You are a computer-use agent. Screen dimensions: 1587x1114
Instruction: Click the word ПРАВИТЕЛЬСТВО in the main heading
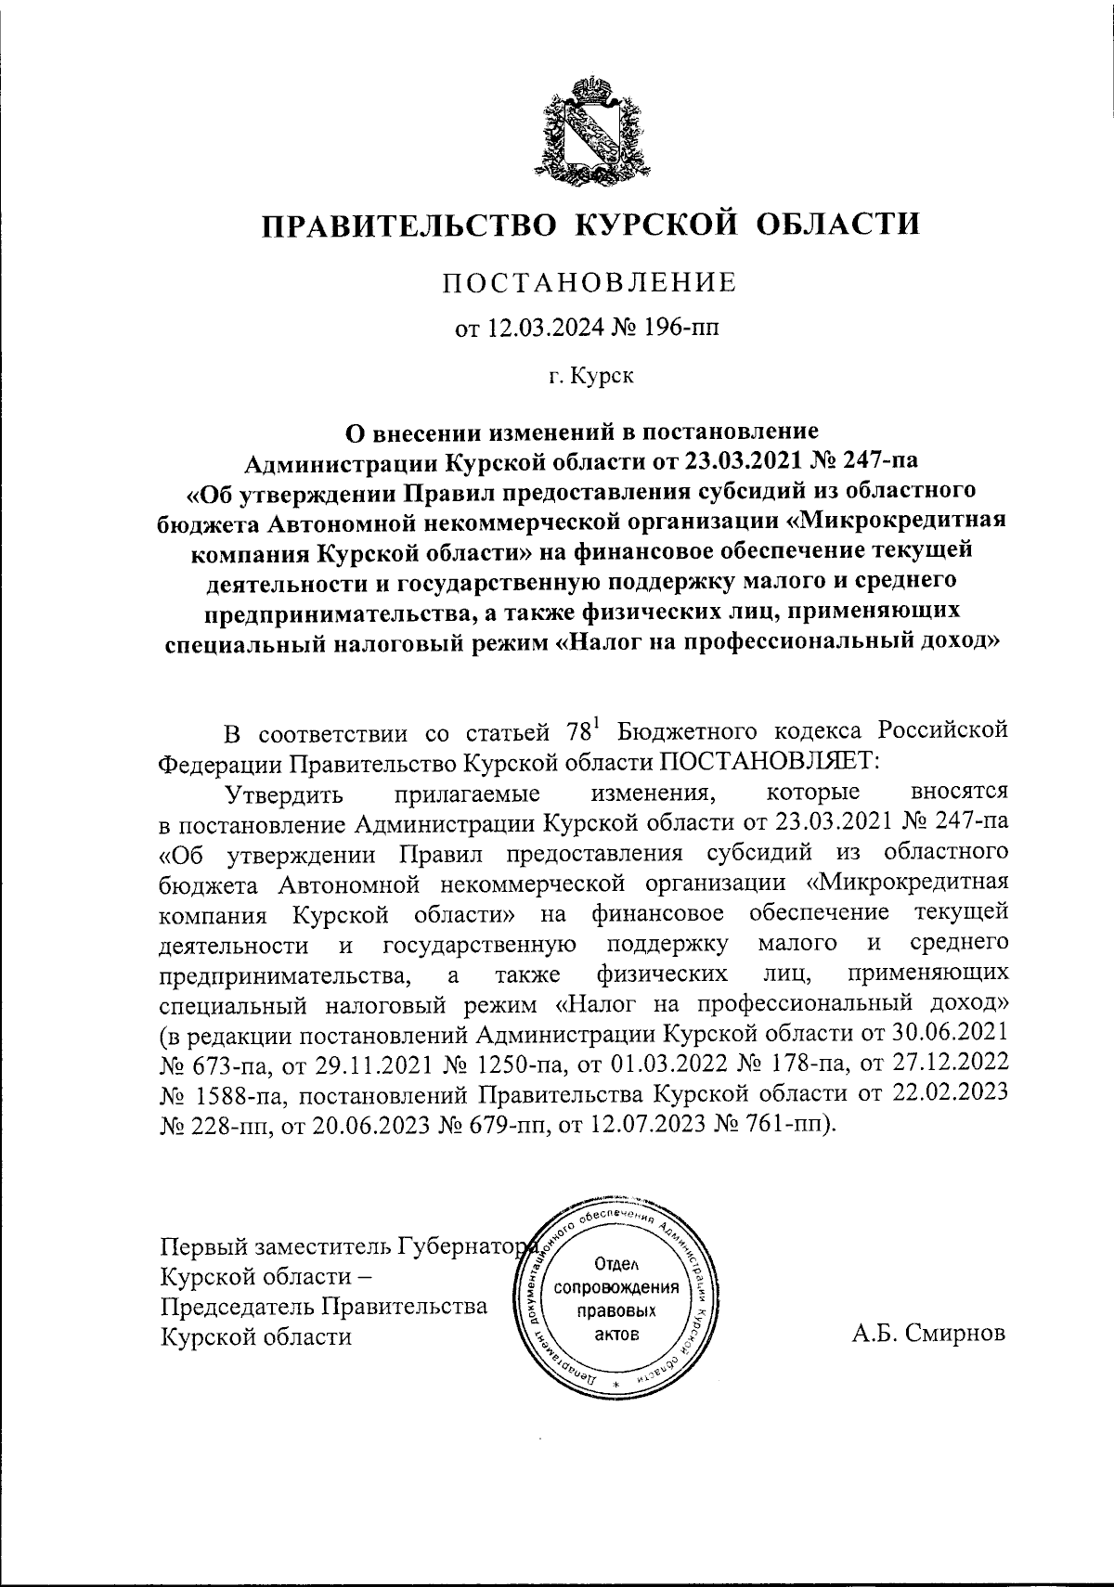point(405,225)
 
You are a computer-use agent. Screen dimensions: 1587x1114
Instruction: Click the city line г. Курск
point(589,376)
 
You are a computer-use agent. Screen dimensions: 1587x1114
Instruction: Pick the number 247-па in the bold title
point(875,458)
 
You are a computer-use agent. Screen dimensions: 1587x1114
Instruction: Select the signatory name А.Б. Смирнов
point(927,1335)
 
